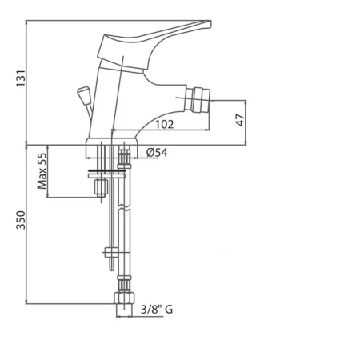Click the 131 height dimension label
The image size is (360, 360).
coord(21,78)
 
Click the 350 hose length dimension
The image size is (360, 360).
coord(21,220)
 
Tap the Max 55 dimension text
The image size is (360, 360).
coord(42,171)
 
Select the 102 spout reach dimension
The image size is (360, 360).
coord(165,124)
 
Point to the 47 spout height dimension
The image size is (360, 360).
coord(240,120)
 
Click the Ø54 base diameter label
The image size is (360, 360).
coord(157,153)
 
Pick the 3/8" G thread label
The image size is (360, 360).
coord(157,310)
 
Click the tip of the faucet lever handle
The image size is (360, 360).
coord(210,23)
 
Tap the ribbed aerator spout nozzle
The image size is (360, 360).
coord(198,100)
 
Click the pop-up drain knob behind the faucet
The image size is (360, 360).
coord(83,93)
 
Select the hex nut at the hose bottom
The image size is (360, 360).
coord(124,298)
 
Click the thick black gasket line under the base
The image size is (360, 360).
coord(106,170)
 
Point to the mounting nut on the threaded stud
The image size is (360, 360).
coord(101,188)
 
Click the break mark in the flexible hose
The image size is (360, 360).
coord(124,207)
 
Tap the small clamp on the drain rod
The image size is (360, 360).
coord(110,252)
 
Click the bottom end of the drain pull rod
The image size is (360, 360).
coord(112,270)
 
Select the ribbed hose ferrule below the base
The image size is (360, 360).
coord(124,157)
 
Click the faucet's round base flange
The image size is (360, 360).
coord(112,148)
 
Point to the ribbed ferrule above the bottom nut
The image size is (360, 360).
coord(124,286)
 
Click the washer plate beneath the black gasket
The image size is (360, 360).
coord(106,176)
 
